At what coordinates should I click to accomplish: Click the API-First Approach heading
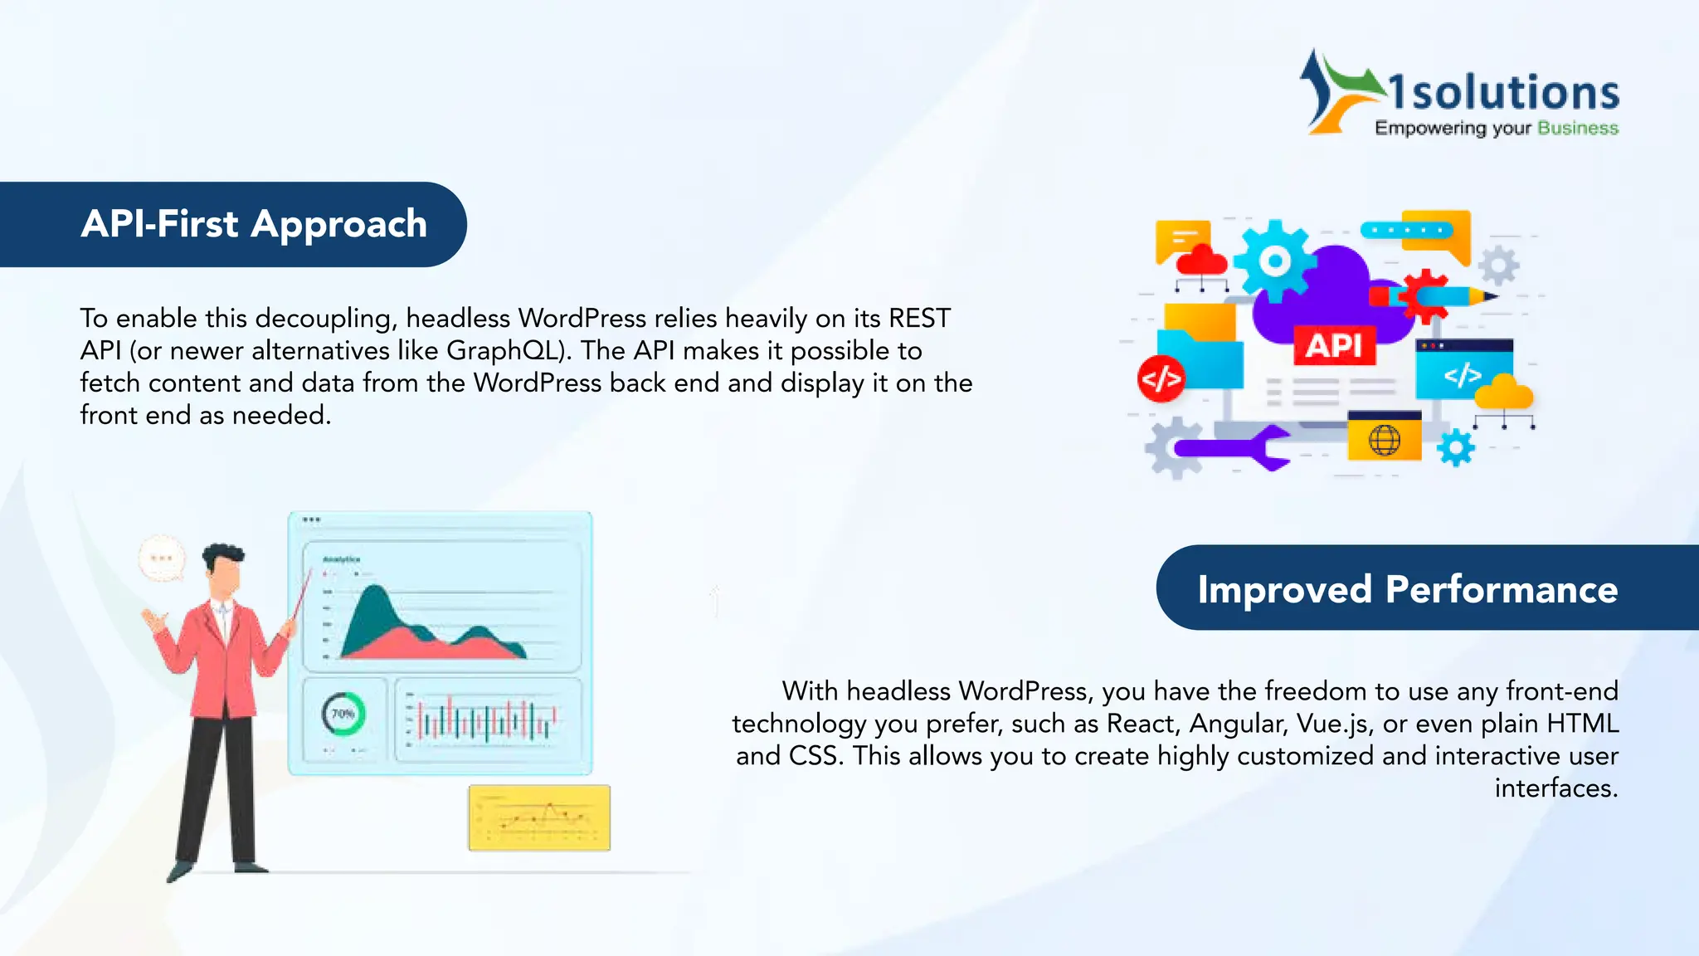tap(254, 224)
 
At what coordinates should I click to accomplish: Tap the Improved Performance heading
tap(1407, 589)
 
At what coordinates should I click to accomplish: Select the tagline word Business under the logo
tap(1577, 128)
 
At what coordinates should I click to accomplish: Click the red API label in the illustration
tap(1334, 345)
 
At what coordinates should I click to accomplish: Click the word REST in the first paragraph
tap(919, 319)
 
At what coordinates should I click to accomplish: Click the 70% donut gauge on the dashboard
tap(343, 714)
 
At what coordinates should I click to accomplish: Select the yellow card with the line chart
tap(539, 817)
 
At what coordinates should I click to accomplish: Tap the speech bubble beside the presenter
tap(162, 558)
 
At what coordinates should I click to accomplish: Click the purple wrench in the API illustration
tap(1232, 448)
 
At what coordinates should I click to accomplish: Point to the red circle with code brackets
tap(1161, 379)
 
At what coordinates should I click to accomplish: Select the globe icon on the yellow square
tap(1384, 439)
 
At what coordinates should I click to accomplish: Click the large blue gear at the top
tap(1273, 261)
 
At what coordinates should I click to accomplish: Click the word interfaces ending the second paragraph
tap(1555, 788)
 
